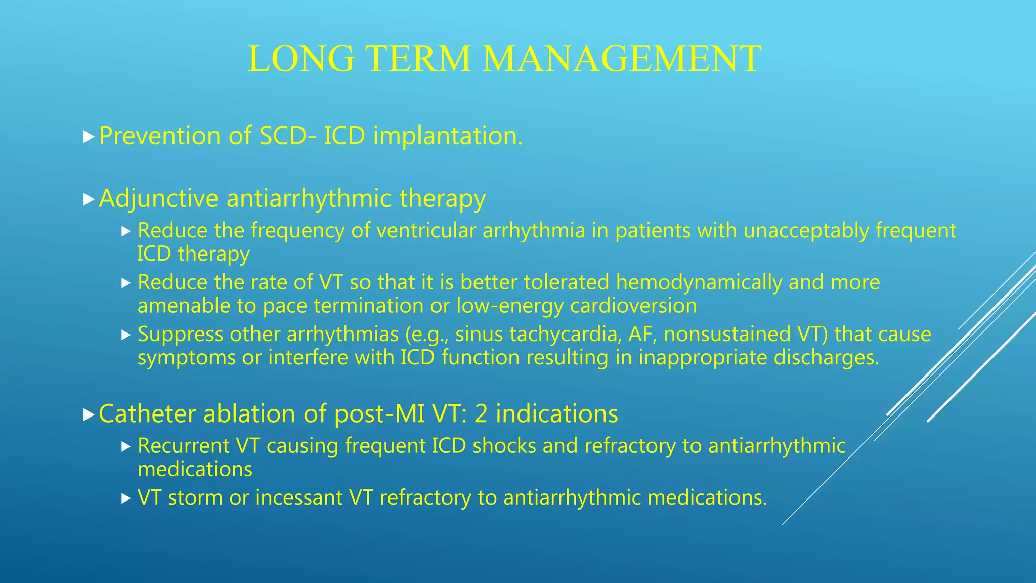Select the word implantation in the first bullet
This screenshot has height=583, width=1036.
click(447, 136)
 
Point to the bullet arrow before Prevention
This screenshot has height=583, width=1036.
click(89, 137)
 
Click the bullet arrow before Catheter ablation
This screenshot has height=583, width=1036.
click(89, 415)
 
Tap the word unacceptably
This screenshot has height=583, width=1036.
click(806, 231)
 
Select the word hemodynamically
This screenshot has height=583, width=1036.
click(698, 282)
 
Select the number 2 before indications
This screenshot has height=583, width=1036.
click(481, 414)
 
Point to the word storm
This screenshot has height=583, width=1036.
click(195, 498)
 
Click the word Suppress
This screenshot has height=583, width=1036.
click(180, 335)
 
